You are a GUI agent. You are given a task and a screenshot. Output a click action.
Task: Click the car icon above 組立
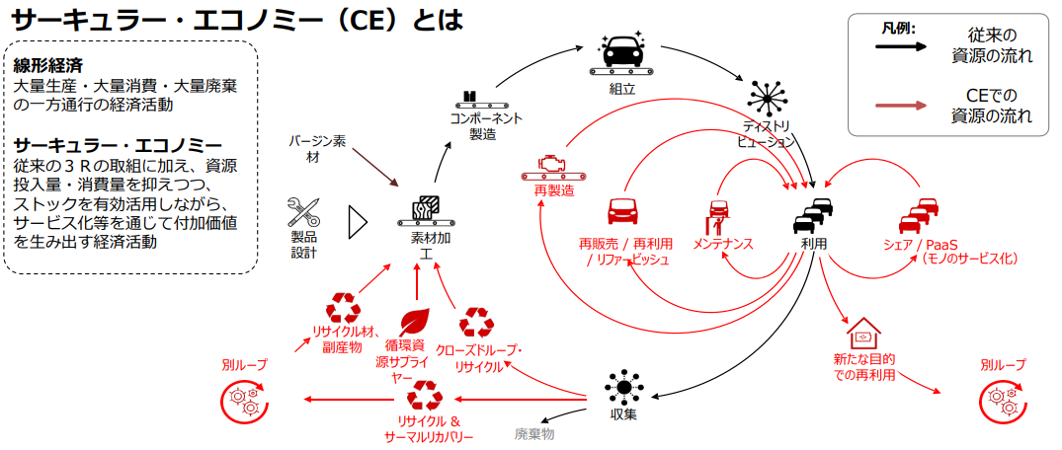(620, 54)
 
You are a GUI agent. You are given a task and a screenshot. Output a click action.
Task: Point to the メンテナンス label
(722, 243)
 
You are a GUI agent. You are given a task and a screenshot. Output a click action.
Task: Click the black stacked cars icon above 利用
(813, 213)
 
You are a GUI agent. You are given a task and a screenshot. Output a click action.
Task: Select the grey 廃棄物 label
(534, 433)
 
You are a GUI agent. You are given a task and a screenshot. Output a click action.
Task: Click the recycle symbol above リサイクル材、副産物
(345, 307)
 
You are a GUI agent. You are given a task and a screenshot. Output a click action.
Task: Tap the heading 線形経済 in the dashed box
(47, 66)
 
